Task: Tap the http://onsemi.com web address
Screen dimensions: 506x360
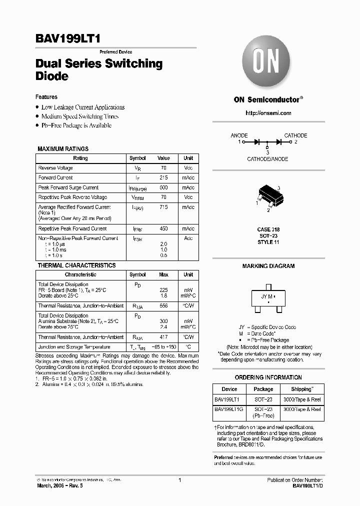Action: pos(268,113)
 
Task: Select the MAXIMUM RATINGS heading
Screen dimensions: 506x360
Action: pos(63,149)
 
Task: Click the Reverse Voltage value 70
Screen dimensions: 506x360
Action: pos(163,168)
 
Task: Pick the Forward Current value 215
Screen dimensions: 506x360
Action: pos(163,177)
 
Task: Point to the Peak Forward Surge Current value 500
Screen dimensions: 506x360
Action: pos(163,187)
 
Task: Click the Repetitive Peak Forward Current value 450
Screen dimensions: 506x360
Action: pos(163,228)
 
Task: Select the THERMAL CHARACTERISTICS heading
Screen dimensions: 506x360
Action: pos(76,265)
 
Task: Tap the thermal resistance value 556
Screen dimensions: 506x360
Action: pos(163,305)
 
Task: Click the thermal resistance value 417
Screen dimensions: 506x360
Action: pos(163,337)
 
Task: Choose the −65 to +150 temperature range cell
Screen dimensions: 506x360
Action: pos(163,347)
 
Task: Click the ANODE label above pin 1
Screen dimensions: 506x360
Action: pos(239,135)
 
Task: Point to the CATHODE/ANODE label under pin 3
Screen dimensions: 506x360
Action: pos(267,159)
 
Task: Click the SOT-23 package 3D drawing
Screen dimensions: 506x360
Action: pos(268,196)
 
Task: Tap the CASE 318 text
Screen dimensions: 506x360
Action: pos(268,229)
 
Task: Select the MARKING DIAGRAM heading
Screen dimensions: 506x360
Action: pos(268,266)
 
